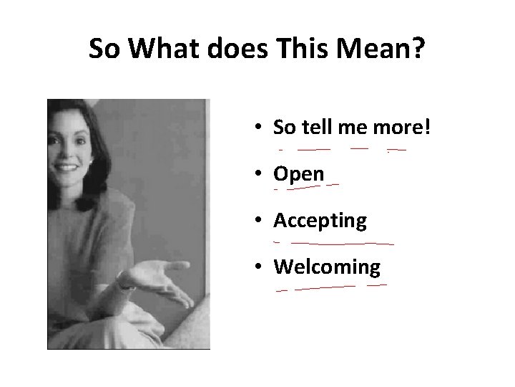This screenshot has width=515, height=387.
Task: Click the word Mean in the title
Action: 378,49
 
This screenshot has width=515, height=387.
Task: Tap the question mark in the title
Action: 418,49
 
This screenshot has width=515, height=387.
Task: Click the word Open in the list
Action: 298,175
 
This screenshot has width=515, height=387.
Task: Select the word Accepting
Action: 320,221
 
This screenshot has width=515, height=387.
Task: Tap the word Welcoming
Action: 327,267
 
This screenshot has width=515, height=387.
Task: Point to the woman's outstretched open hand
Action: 153,273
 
